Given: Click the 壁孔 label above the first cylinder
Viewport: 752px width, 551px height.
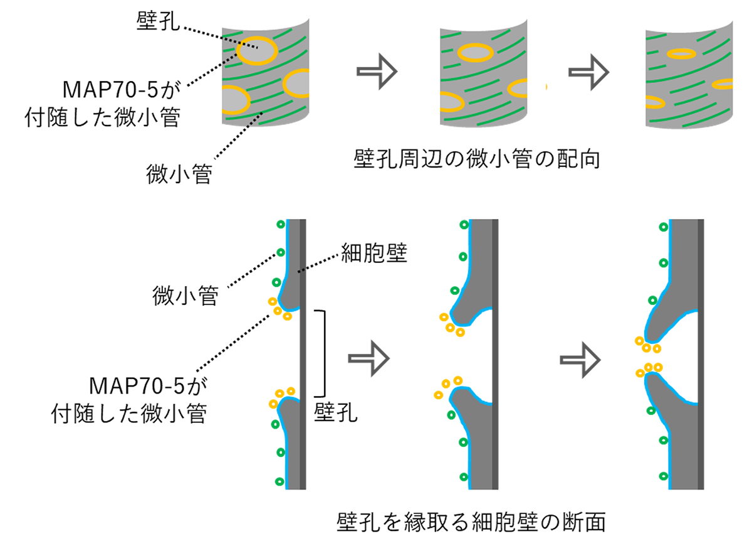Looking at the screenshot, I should click(x=157, y=23).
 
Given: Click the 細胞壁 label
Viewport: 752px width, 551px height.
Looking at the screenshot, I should click(x=373, y=254).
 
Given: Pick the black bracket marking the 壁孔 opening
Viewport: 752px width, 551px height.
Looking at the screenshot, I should click(x=323, y=353).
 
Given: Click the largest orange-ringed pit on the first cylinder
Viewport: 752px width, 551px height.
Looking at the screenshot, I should click(x=256, y=52).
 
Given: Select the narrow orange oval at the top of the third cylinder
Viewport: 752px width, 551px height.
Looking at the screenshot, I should click(x=682, y=53).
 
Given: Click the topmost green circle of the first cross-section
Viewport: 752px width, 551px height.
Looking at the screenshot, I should click(x=280, y=224).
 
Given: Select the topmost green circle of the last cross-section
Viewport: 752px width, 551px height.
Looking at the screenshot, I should click(x=663, y=227).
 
